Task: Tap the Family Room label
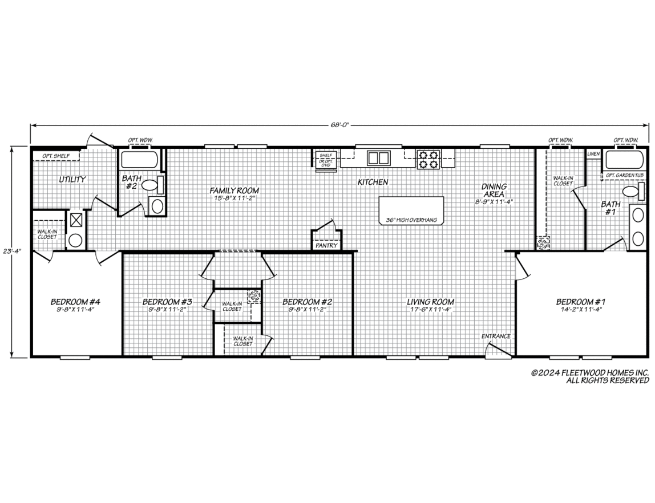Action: tap(234, 190)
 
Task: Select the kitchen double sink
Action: tap(378, 158)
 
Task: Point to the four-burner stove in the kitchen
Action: tap(428, 159)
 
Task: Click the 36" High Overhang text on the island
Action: tap(411, 220)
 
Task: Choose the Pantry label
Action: tap(326, 245)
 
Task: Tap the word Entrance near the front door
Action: tap(496, 336)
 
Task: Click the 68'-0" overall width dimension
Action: tap(340, 124)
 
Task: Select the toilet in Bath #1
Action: tap(631, 192)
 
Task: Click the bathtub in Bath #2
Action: tap(140, 160)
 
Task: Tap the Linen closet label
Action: tap(593, 154)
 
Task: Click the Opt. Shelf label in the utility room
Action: tap(56, 156)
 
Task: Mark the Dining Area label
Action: tap(494, 190)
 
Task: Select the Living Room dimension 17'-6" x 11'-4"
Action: tap(430, 310)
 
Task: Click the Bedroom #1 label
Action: tap(581, 301)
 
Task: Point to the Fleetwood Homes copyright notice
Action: tap(590, 376)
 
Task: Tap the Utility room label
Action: tap(72, 180)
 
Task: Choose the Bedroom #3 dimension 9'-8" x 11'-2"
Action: tap(167, 310)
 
